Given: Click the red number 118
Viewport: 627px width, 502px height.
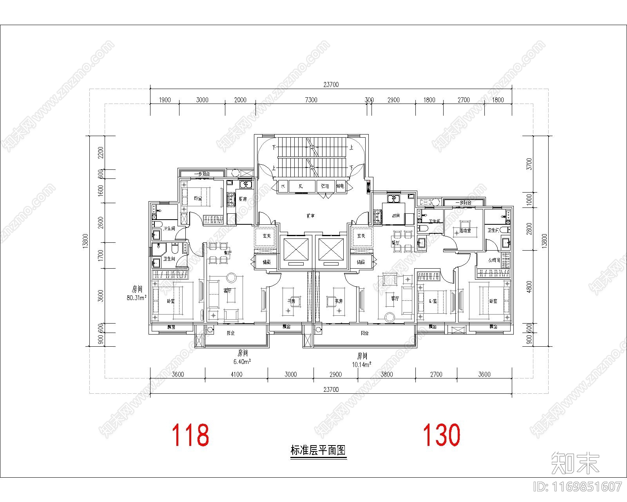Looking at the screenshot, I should click(x=190, y=435).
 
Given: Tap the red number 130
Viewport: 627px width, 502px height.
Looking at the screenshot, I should click(x=441, y=435).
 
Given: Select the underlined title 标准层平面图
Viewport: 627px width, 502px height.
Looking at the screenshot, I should click(x=319, y=450).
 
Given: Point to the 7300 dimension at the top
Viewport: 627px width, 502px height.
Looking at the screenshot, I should click(x=311, y=100).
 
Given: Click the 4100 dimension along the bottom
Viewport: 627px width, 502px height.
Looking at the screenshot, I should click(x=236, y=374).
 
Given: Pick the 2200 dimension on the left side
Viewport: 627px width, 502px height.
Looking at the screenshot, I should click(x=101, y=153).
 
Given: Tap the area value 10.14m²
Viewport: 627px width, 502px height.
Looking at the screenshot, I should click(x=361, y=364).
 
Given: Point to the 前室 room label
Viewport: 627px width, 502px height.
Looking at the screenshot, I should click(x=311, y=215).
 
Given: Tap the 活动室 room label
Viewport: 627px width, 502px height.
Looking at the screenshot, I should click(x=465, y=231).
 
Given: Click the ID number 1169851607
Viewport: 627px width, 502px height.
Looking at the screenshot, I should click(x=578, y=487).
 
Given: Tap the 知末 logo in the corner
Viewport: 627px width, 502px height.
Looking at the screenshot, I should click(x=575, y=463).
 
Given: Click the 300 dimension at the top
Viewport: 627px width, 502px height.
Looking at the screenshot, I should click(x=369, y=100).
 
